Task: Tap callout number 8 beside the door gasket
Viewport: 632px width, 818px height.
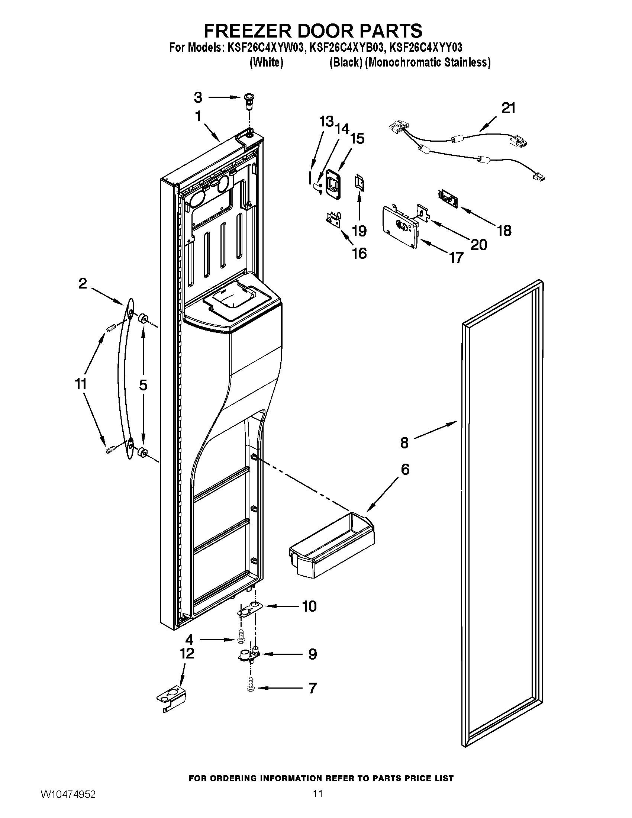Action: (x=404, y=443)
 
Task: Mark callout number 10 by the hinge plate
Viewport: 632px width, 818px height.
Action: (x=309, y=606)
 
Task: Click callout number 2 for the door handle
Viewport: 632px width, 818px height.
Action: (x=83, y=284)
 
